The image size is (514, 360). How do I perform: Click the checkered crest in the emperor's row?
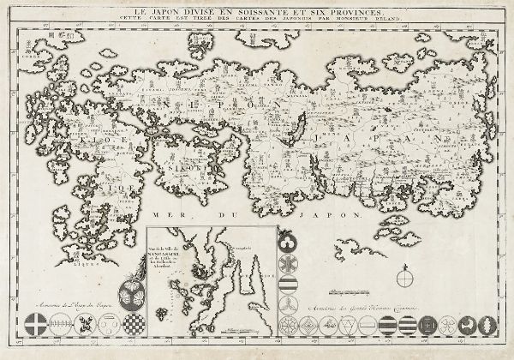click(x=138, y=325)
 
